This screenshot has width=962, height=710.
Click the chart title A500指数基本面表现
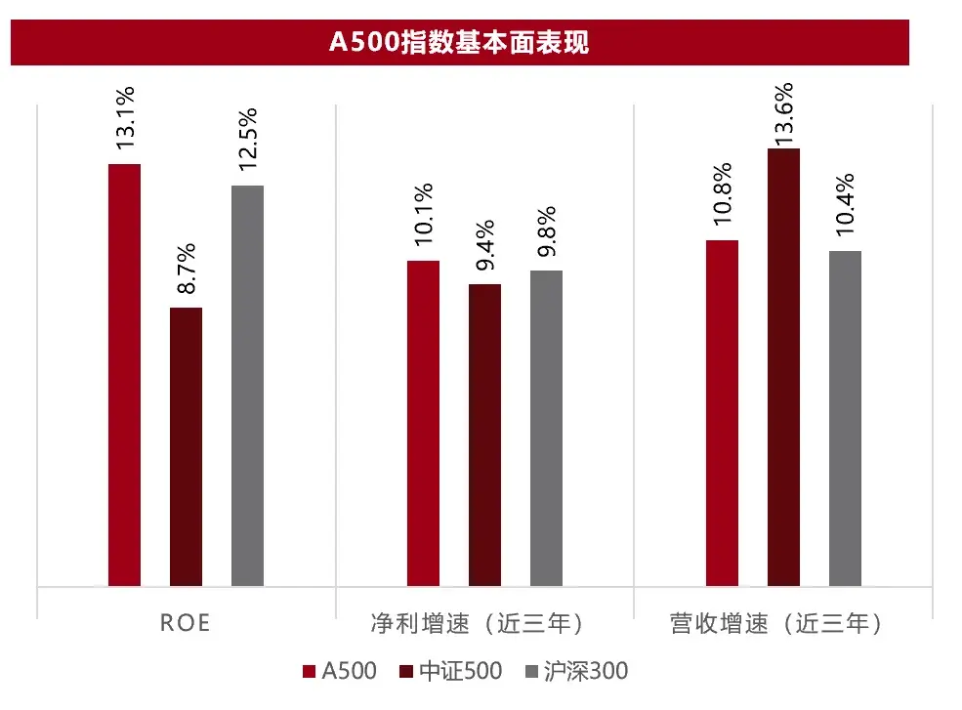pos(459,43)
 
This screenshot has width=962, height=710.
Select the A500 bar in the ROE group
pos(124,375)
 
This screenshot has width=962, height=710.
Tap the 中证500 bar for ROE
pos(186,446)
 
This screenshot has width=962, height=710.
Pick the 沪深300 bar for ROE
pos(247,386)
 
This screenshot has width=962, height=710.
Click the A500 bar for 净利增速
pos(423,423)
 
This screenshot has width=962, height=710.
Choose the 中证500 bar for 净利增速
pos(484,435)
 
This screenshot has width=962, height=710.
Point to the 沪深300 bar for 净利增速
pos(546,428)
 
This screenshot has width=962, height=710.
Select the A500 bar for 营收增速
pos(722,413)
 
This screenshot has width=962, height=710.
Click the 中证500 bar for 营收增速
pos(783,367)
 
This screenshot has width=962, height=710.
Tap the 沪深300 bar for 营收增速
pos(845,418)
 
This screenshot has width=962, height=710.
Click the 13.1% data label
pos(125,119)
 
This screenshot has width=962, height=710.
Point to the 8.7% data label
pos(186,268)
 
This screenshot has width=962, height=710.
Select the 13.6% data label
pos(783,114)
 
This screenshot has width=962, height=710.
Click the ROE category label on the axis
pos(186,623)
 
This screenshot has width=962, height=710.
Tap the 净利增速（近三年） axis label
pos(484,623)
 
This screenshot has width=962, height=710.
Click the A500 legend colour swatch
pos(310,672)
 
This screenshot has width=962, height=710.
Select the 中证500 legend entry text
pos(461,672)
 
